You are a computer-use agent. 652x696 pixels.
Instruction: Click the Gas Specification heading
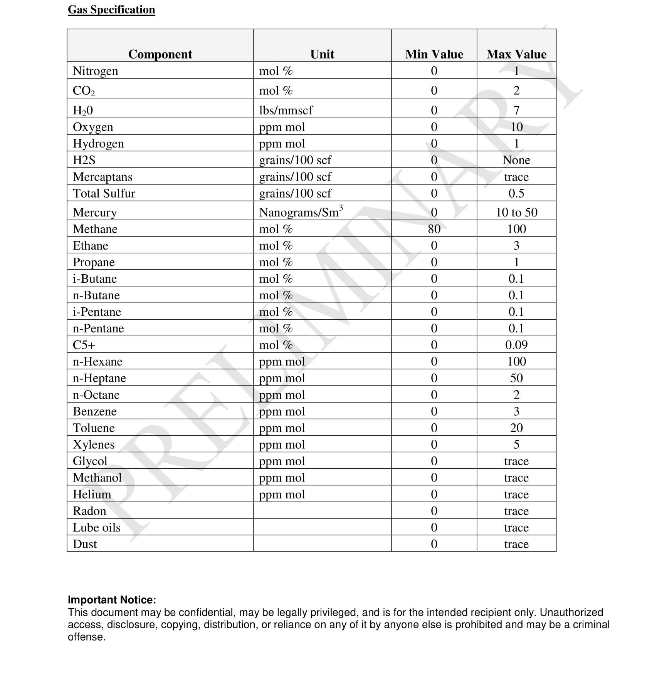(111, 10)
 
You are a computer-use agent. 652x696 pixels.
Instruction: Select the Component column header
(160, 54)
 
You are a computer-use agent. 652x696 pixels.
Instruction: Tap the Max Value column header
(516, 54)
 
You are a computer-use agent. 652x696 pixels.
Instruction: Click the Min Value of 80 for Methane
(434, 229)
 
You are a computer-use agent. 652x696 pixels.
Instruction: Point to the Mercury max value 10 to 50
(516, 212)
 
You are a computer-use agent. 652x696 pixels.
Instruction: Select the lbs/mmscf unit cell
(286, 111)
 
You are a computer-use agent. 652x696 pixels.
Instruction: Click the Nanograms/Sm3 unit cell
(301, 212)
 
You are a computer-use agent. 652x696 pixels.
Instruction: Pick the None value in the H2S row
(516, 160)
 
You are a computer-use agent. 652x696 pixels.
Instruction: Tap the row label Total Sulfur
(104, 193)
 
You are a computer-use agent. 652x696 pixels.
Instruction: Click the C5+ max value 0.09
(516, 345)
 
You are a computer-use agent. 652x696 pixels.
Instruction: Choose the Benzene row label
(95, 411)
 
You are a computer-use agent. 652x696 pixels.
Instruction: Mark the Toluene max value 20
(516, 428)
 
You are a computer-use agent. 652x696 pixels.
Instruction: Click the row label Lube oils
(97, 528)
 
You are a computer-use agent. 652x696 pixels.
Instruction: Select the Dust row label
(85, 544)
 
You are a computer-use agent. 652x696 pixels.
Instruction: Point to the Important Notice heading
(112, 600)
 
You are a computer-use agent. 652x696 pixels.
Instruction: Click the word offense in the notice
(87, 637)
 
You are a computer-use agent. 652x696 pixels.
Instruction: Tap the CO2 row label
(84, 91)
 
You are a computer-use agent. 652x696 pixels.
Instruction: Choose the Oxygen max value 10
(516, 127)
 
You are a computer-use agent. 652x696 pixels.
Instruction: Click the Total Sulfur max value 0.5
(516, 193)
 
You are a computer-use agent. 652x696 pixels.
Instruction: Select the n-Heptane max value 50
(516, 378)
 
